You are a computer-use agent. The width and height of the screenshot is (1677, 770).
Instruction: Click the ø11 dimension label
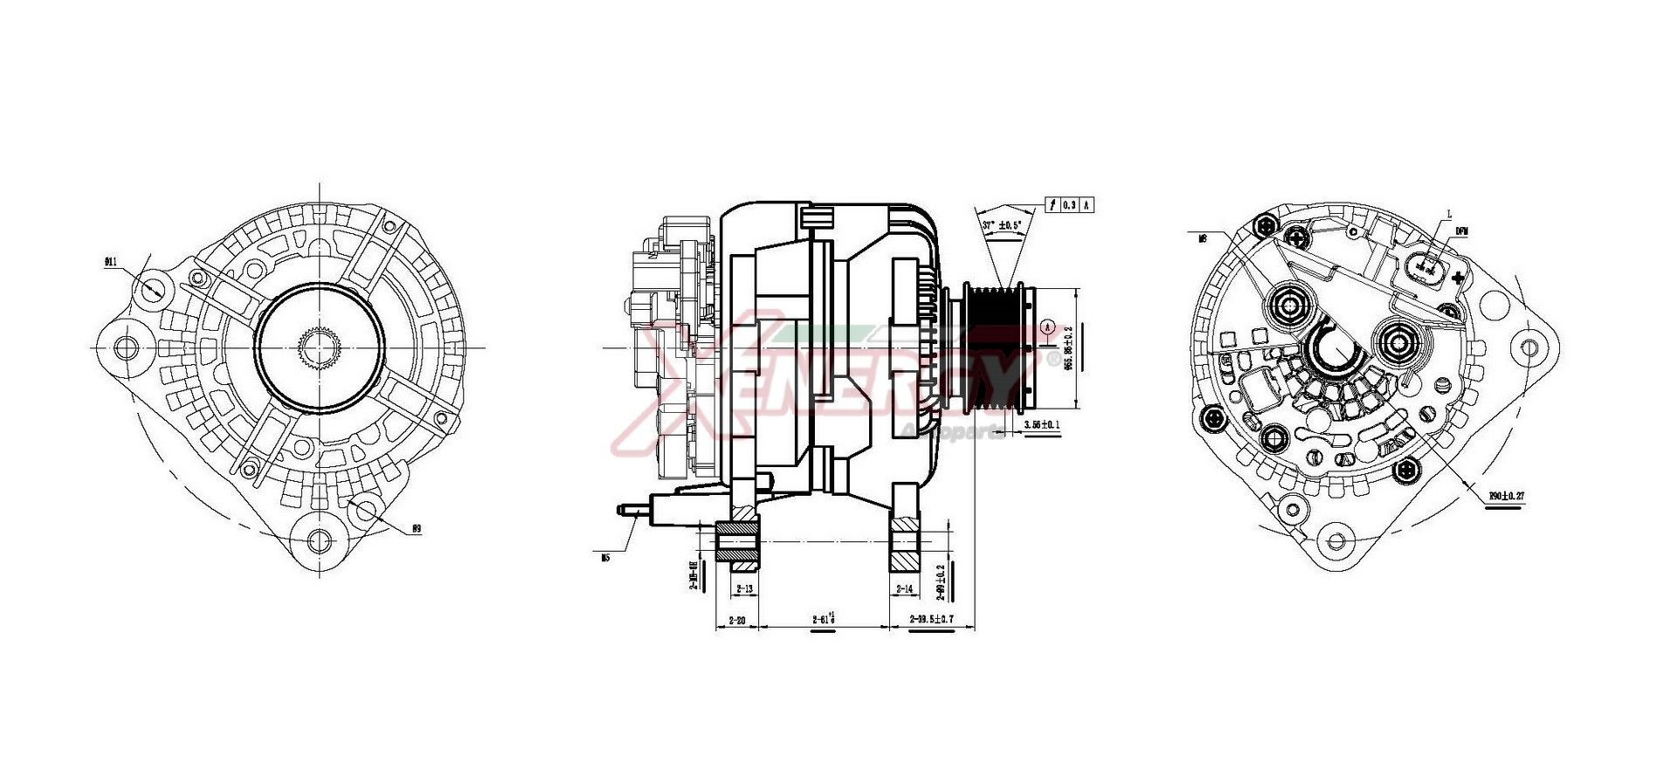[x=111, y=261]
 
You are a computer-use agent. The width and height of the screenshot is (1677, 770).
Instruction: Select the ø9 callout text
[x=417, y=529]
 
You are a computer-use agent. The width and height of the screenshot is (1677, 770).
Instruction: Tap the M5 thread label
[x=604, y=557]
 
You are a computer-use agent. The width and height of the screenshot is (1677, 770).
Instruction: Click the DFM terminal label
[x=1461, y=231]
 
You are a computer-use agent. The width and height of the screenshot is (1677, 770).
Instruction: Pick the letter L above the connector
[x=1448, y=213]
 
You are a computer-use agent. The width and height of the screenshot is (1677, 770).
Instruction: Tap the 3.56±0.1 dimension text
[x=1042, y=425]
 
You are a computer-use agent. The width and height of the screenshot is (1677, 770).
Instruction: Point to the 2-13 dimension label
[x=744, y=589]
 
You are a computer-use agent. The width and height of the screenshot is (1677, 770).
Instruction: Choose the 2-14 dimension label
[x=904, y=589]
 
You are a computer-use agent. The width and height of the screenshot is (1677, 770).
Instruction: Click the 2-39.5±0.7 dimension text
[x=930, y=619]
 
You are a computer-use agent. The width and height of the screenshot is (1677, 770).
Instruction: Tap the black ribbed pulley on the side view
[x=997, y=347]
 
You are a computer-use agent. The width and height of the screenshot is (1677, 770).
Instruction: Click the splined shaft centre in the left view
[x=319, y=347]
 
